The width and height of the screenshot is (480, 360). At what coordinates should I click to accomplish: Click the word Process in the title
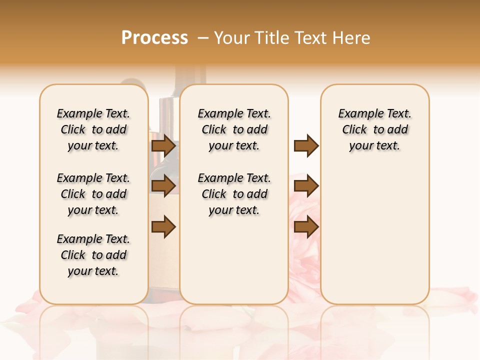pos(154,37)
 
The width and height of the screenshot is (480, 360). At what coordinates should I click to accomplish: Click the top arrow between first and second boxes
pos(163,146)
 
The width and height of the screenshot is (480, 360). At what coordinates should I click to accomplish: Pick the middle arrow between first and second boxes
pos(163,186)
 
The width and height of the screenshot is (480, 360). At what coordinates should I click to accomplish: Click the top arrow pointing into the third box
pos(306,146)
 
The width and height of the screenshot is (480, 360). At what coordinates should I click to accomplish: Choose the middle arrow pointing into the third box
pos(306,186)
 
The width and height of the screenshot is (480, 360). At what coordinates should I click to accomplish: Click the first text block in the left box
pos(93,129)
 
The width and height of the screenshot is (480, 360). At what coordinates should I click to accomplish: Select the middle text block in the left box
pos(93,194)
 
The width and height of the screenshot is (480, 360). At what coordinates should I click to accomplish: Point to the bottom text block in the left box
pos(93,255)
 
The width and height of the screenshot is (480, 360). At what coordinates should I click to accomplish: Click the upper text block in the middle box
pos(234,129)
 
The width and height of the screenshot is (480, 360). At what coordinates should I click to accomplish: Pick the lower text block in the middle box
pos(234,194)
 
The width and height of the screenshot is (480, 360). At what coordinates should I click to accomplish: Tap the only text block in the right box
pos(374,129)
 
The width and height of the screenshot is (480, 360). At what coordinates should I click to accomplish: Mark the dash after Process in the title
pos(203,37)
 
